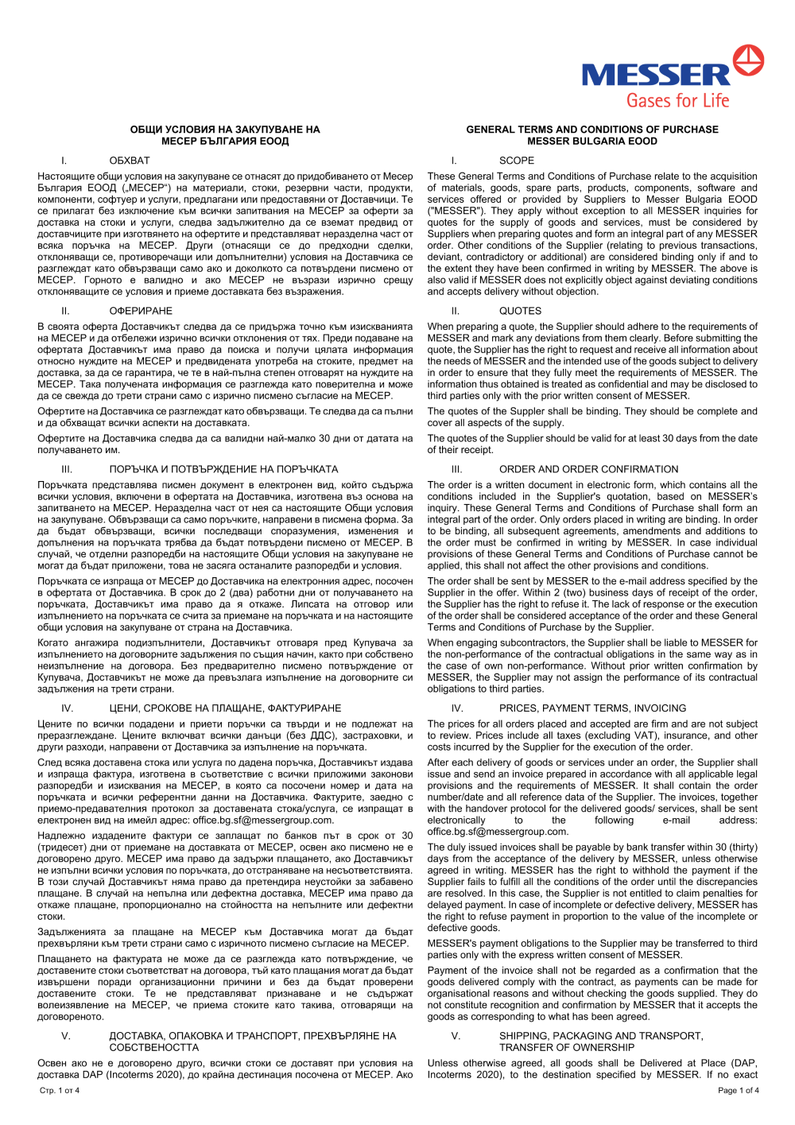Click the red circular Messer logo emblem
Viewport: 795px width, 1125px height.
[747, 60]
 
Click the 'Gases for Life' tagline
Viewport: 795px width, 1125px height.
[677, 101]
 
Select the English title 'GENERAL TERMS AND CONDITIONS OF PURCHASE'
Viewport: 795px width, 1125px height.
[591, 130]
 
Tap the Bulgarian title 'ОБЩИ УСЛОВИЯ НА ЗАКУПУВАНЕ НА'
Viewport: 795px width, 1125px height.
[225, 130]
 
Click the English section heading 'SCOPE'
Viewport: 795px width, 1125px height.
[517, 161]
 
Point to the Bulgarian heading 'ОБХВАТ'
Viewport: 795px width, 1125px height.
[130, 161]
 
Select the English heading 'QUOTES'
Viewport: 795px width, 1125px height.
[520, 311]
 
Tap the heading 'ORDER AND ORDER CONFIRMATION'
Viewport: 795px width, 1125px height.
[588, 469]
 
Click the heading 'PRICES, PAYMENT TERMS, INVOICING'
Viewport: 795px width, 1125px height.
[592, 708]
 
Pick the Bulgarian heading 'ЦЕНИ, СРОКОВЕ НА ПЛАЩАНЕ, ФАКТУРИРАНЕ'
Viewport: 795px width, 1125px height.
[225, 708]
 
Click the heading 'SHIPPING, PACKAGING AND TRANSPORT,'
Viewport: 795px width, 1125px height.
[601, 1036]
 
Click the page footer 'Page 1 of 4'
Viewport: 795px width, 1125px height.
[738, 1090]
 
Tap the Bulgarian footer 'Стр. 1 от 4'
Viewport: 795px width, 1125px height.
[60, 1090]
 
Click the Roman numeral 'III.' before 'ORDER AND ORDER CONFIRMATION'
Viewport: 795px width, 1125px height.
[456, 469]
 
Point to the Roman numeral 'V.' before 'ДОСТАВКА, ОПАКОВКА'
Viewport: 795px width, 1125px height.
[66, 1036]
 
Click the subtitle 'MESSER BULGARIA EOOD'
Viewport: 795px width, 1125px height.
[592, 142]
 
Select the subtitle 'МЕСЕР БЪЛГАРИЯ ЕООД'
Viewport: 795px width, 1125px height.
[225, 142]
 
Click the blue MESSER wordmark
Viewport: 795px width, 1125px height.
[655, 76]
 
